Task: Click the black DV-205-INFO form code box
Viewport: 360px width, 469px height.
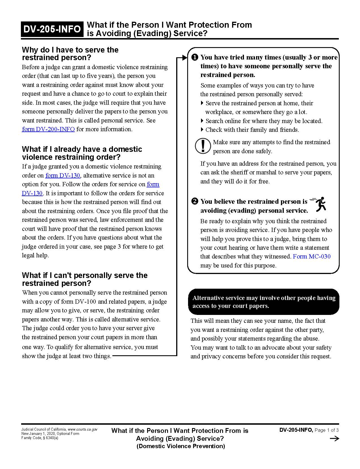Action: [x=52, y=29]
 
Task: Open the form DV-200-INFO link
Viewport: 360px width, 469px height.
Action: [x=48, y=129]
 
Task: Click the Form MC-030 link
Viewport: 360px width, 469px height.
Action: [x=312, y=257]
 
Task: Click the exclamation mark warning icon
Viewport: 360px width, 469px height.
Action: [x=203, y=146]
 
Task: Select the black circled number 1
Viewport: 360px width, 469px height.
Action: [x=195, y=58]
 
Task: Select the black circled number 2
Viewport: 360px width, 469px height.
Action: [x=195, y=201]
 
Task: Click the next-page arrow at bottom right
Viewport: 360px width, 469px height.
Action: [x=334, y=439]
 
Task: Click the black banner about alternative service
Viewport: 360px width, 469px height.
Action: [x=263, y=302]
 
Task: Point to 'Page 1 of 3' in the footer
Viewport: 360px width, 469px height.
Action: [x=326, y=430]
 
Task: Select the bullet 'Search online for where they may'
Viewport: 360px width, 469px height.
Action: [x=264, y=121]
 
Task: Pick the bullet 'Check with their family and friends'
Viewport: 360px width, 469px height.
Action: [x=252, y=130]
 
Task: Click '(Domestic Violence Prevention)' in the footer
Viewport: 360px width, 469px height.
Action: [x=181, y=446]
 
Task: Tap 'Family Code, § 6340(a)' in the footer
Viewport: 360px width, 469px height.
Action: [x=40, y=438]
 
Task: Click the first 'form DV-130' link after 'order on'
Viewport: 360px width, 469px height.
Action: [x=63, y=176]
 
